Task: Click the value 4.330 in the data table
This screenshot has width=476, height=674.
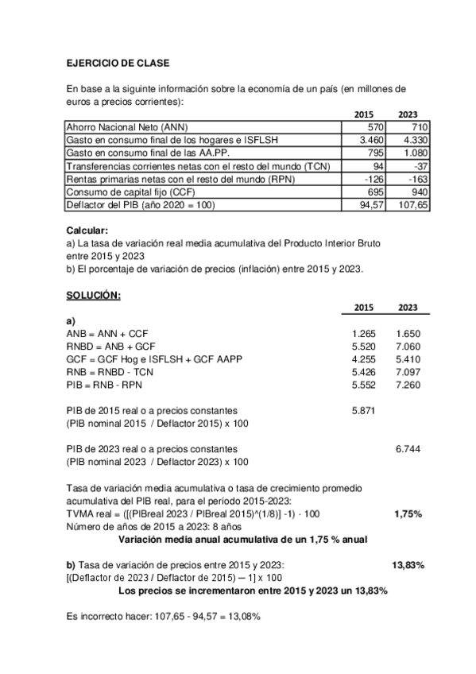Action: [x=412, y=140]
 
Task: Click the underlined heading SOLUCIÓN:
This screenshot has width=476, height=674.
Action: [x=93, y=296]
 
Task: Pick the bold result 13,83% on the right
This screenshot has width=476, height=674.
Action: [x=408, y=565]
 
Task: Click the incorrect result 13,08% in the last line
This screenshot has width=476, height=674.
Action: [x=244, y=616]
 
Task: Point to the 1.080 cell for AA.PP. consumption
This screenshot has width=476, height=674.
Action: [x=412, y=153]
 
